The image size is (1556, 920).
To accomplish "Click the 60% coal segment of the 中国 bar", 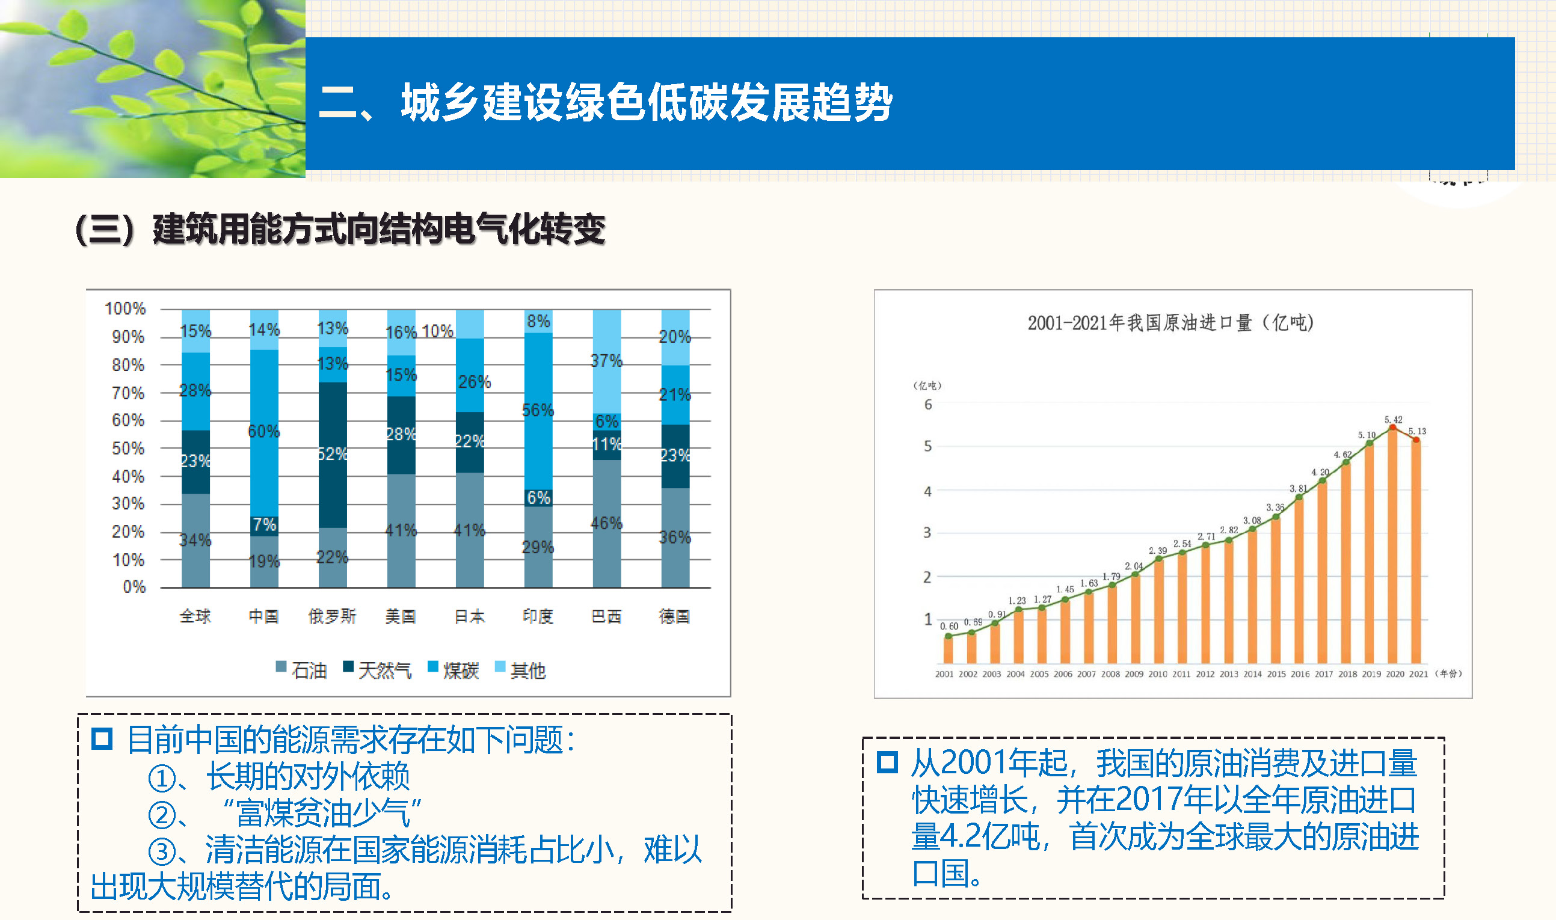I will [x=263, y=434].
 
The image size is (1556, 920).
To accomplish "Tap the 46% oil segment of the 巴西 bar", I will [x=606, y=523].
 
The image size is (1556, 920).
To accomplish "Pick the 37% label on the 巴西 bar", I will [x=606, y=361].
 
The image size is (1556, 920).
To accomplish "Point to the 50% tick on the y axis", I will [x=128, y=448].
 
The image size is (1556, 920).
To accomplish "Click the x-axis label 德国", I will [x=674, y=616].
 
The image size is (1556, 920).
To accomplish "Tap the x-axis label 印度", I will [x=538, y=616].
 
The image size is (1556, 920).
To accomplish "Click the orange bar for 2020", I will [x=1392, y=545].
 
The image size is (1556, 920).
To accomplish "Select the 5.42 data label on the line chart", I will [x=1393, y=420].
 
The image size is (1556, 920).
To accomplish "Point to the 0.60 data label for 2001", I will [x=949, y=626].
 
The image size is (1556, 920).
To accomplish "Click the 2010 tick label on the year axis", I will [x=1157, y=674].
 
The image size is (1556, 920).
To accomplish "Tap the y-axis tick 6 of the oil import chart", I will [x=927, y=405].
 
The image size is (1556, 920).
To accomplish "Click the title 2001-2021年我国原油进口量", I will [x=1170, y=323].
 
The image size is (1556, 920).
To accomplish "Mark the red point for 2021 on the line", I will [x=1416, y=440].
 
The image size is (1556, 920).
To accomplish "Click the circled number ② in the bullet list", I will [x=162, y=815].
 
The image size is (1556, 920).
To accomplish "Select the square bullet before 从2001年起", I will [x=887, y=762].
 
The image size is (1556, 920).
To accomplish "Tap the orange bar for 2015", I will [x=1276, y=589].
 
